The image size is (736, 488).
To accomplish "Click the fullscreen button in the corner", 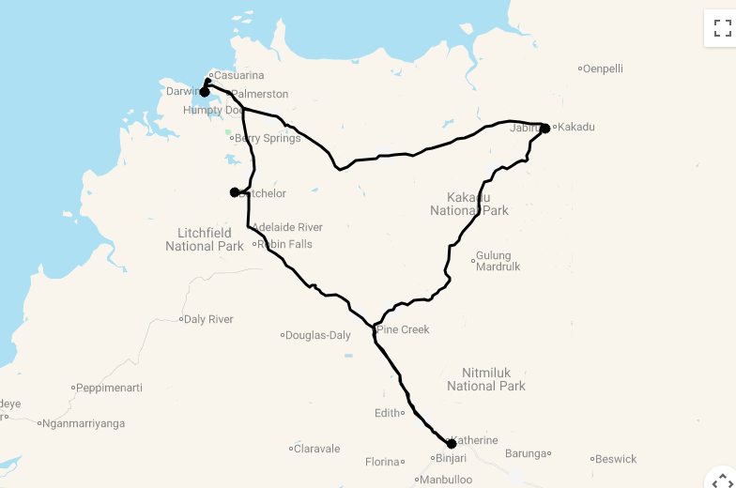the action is pyautogui.click(x=721, y=27).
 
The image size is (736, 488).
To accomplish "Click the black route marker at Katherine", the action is pyautogui.click(x=452, y=443).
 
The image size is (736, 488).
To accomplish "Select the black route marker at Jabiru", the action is pyautogui.click(x=544, y=128).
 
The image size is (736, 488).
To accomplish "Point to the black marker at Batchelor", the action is pyautogui.click(x=235, y=192).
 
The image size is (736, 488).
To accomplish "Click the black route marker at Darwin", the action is pyautogui.click(x=205, y=91).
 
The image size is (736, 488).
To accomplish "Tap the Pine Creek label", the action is pyautogui.click(x=404, y=329).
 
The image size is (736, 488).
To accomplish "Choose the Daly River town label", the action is pyautogui.click(x=208, y=319).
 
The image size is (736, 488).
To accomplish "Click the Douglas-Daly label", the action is pyautogui.click(x=318, y=335).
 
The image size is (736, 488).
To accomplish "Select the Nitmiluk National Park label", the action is pyautogui.click(x=486, y=378).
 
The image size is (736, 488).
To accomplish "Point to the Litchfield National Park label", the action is pyautogui.click(x=205, y=239).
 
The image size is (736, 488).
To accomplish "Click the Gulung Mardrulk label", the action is pyautogui.click(x=493, y=261).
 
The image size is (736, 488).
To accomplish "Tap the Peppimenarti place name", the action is pyautogui.click(x=110, y=387).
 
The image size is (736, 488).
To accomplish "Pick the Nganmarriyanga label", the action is pyautogui.click(x=84, y=423).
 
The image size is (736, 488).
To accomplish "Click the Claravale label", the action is pyautogui.click(x=317, y=449).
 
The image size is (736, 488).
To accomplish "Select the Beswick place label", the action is pyautogui.click(x=616, y=459).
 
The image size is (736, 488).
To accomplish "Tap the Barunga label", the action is pyautogui.click(x=526, y=453).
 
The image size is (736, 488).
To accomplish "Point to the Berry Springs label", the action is pyautogui.click(x=268, y=138).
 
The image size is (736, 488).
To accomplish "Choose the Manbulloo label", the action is pyautogui.click(x=447, y=480).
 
